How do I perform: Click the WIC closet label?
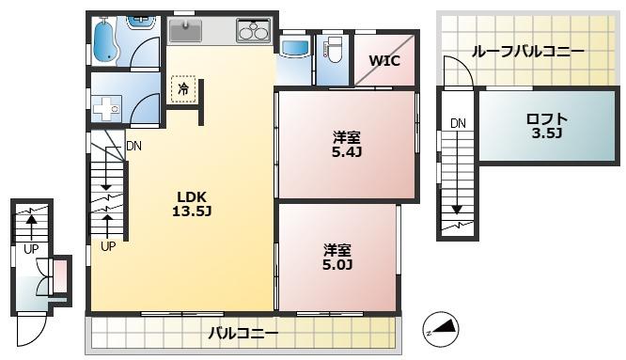click(383, 61)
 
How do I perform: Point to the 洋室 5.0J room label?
click(337, 257)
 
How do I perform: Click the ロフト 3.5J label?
click(546, 126)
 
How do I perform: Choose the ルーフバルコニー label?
click(527, 52)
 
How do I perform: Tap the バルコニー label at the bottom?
click(243, 334)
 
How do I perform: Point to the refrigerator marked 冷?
click(182, 88)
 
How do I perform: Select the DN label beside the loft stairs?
click(458, 123)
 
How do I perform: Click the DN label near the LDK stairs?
click(133, 146)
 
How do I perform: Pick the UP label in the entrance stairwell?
click(31, 250)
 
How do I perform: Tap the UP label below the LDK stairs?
click(108, 247)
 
